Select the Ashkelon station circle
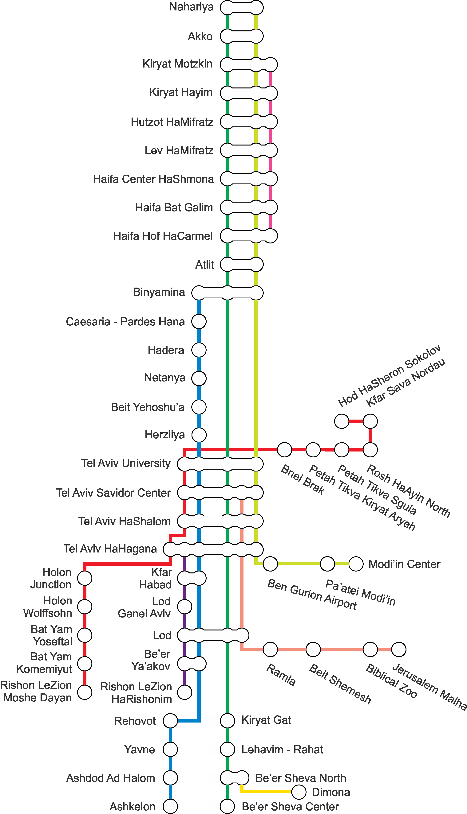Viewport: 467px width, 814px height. (170, 806)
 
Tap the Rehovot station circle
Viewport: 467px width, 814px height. (170, 721)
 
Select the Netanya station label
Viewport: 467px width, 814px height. (165, 378)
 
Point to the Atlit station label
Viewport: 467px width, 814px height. (205, 265)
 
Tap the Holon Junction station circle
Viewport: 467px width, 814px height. (85, 578)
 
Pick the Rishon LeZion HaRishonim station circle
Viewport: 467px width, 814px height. (185, 692)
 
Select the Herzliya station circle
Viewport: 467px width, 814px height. (199, 435)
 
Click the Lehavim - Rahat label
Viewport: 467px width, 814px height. (282, 750)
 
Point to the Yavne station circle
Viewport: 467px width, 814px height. (170, 749)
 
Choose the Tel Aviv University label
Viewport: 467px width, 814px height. (126, 463)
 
